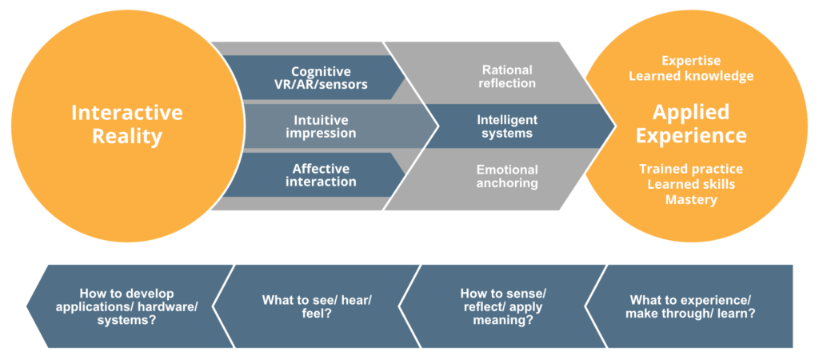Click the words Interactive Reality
point(126,124)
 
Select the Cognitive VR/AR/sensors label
point(321,78)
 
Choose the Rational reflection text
point(507,77)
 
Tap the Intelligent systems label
point(507,126)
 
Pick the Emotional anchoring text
point(507,176)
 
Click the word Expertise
point(691,61)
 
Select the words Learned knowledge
point(691,76)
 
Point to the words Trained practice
point(691,170)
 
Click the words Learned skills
point(691,184)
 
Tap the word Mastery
point(691,199)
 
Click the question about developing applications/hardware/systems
point(127,306)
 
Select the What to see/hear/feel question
point(318,306)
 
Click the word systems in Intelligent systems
point(507,134)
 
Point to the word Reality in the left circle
point(126,136)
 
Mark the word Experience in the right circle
point(691,134)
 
